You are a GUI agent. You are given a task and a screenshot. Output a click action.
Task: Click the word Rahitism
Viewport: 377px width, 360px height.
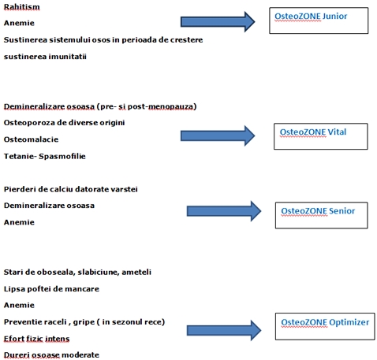21,6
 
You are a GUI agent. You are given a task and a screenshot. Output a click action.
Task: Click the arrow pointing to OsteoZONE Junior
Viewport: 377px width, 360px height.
218,22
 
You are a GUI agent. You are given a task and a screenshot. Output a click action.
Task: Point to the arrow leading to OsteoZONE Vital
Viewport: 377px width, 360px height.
218,135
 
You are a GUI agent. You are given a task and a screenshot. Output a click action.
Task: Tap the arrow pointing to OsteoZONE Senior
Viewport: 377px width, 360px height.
224,211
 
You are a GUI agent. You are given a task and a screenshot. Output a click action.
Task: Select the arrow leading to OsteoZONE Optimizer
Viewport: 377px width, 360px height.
224,330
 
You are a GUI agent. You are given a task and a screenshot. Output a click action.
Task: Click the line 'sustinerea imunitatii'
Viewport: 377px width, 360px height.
45,57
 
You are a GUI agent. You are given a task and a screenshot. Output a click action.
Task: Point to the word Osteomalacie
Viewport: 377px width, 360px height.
31,139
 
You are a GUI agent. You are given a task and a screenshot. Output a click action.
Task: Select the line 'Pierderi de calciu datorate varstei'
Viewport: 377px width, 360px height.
71,189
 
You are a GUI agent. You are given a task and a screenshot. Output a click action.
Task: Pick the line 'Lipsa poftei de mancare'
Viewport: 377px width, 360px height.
51,289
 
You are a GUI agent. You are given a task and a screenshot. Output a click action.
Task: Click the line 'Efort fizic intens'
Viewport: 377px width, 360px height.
36,339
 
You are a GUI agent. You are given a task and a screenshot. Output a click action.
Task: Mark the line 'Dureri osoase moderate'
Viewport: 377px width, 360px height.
51,355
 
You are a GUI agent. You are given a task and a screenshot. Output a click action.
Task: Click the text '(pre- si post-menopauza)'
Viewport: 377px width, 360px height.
147,106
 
